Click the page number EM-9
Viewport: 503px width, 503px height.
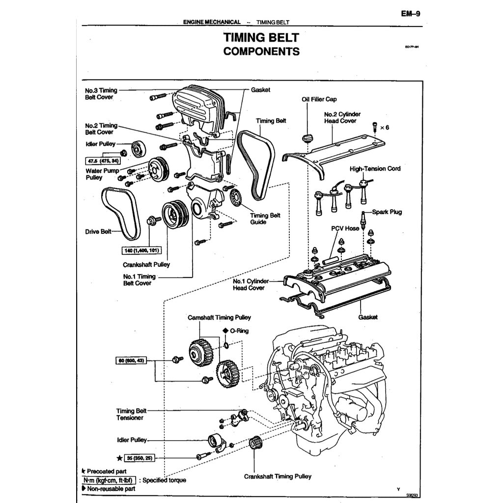[x=410, y=14]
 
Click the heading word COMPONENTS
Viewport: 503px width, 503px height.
[x=261, y=51]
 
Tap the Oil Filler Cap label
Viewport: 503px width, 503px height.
[x=319, y=99]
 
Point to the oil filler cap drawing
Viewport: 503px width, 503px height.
[x=307, y=138]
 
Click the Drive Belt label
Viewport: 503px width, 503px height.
[x=98, y=231]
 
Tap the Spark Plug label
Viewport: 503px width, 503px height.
[x=387, y=212]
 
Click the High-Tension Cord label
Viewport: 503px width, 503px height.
[x=375, y=168]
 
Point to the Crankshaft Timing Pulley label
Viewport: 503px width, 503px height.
[x=278, y=476]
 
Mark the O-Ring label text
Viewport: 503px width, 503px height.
[x=239, y=331]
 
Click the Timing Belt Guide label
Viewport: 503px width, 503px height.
[x=265, y=219]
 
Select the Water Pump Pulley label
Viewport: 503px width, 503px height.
[x=102, y=174]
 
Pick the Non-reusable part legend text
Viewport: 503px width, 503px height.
[x=111, y=488]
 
